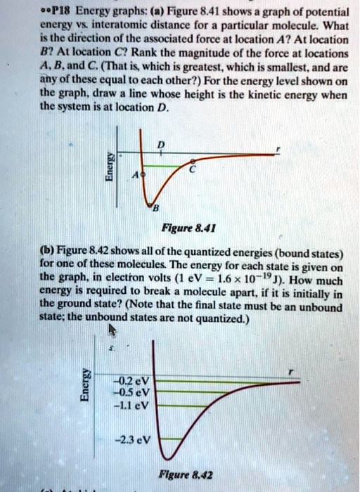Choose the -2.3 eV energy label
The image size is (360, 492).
137,441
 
